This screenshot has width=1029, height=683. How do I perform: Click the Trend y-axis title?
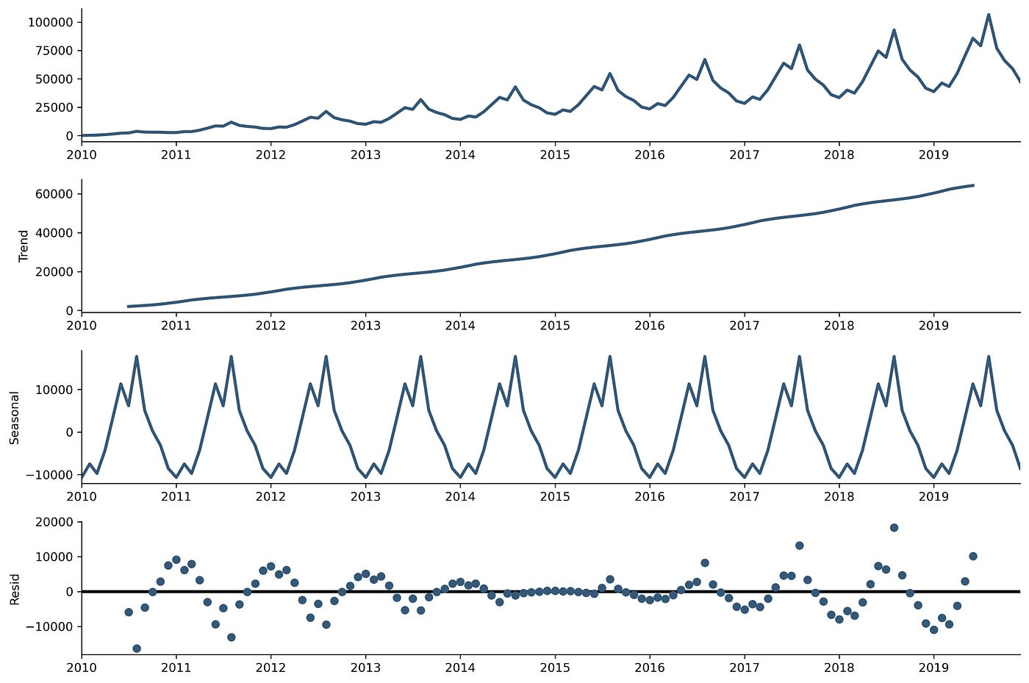[24, 246]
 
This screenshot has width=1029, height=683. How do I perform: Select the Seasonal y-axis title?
[15, 418]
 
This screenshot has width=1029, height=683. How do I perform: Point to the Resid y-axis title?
[15, 589]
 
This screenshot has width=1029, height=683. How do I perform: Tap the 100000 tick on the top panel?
[51, 23]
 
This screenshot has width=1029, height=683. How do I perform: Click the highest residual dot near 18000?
[894, 528]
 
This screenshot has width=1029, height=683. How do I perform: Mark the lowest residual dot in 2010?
[137, 648]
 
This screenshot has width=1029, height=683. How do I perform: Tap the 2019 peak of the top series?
[989, 15]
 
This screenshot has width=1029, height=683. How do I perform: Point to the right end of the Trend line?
[973, 185]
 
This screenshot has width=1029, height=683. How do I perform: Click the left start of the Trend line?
[129, 306]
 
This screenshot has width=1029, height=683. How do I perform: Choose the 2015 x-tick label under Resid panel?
[555, 668]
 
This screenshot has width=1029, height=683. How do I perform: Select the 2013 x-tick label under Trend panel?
[365, 325]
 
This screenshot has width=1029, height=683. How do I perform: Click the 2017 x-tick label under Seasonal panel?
[744, 496]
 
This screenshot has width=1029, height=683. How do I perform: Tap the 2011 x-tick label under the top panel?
[176, 154]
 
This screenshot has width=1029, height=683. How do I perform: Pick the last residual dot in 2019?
[973, 557]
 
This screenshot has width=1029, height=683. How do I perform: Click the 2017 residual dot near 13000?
[799, 546]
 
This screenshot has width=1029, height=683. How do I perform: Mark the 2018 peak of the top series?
[894, 30]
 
